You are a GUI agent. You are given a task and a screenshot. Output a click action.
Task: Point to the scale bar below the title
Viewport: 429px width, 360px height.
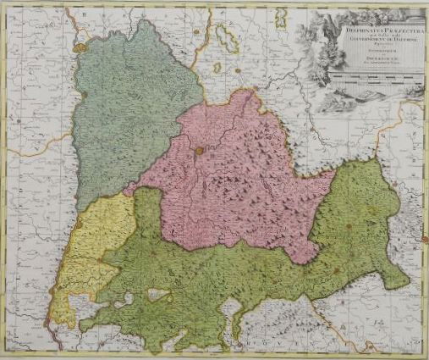point(372,77)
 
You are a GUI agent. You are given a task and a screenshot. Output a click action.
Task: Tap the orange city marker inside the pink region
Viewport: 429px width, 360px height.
point(198,152)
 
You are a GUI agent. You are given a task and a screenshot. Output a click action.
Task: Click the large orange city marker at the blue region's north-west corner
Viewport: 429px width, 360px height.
point(80,49)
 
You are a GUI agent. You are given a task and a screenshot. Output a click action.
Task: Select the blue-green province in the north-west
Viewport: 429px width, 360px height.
point(127,119)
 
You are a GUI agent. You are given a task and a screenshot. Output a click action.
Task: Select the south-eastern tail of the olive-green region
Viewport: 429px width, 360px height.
point(393,280)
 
